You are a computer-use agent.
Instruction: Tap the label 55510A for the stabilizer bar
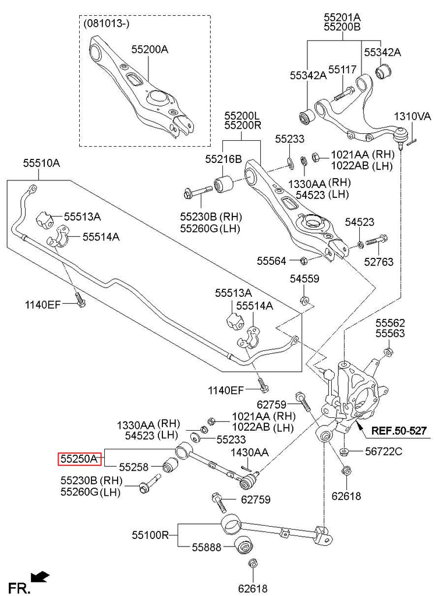(x=41, y=164)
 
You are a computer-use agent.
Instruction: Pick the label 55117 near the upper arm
(x=342, y=70)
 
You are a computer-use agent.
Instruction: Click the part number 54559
(x=304, y=279)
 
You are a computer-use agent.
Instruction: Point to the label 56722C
(x=384, y=451)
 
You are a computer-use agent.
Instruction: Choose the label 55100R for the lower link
(x=150, y=534)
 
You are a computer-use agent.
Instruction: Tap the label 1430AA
(x=249, y=452)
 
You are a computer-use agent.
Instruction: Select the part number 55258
(x=134, y=466)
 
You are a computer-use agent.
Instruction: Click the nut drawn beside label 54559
(x=303, y=300)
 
